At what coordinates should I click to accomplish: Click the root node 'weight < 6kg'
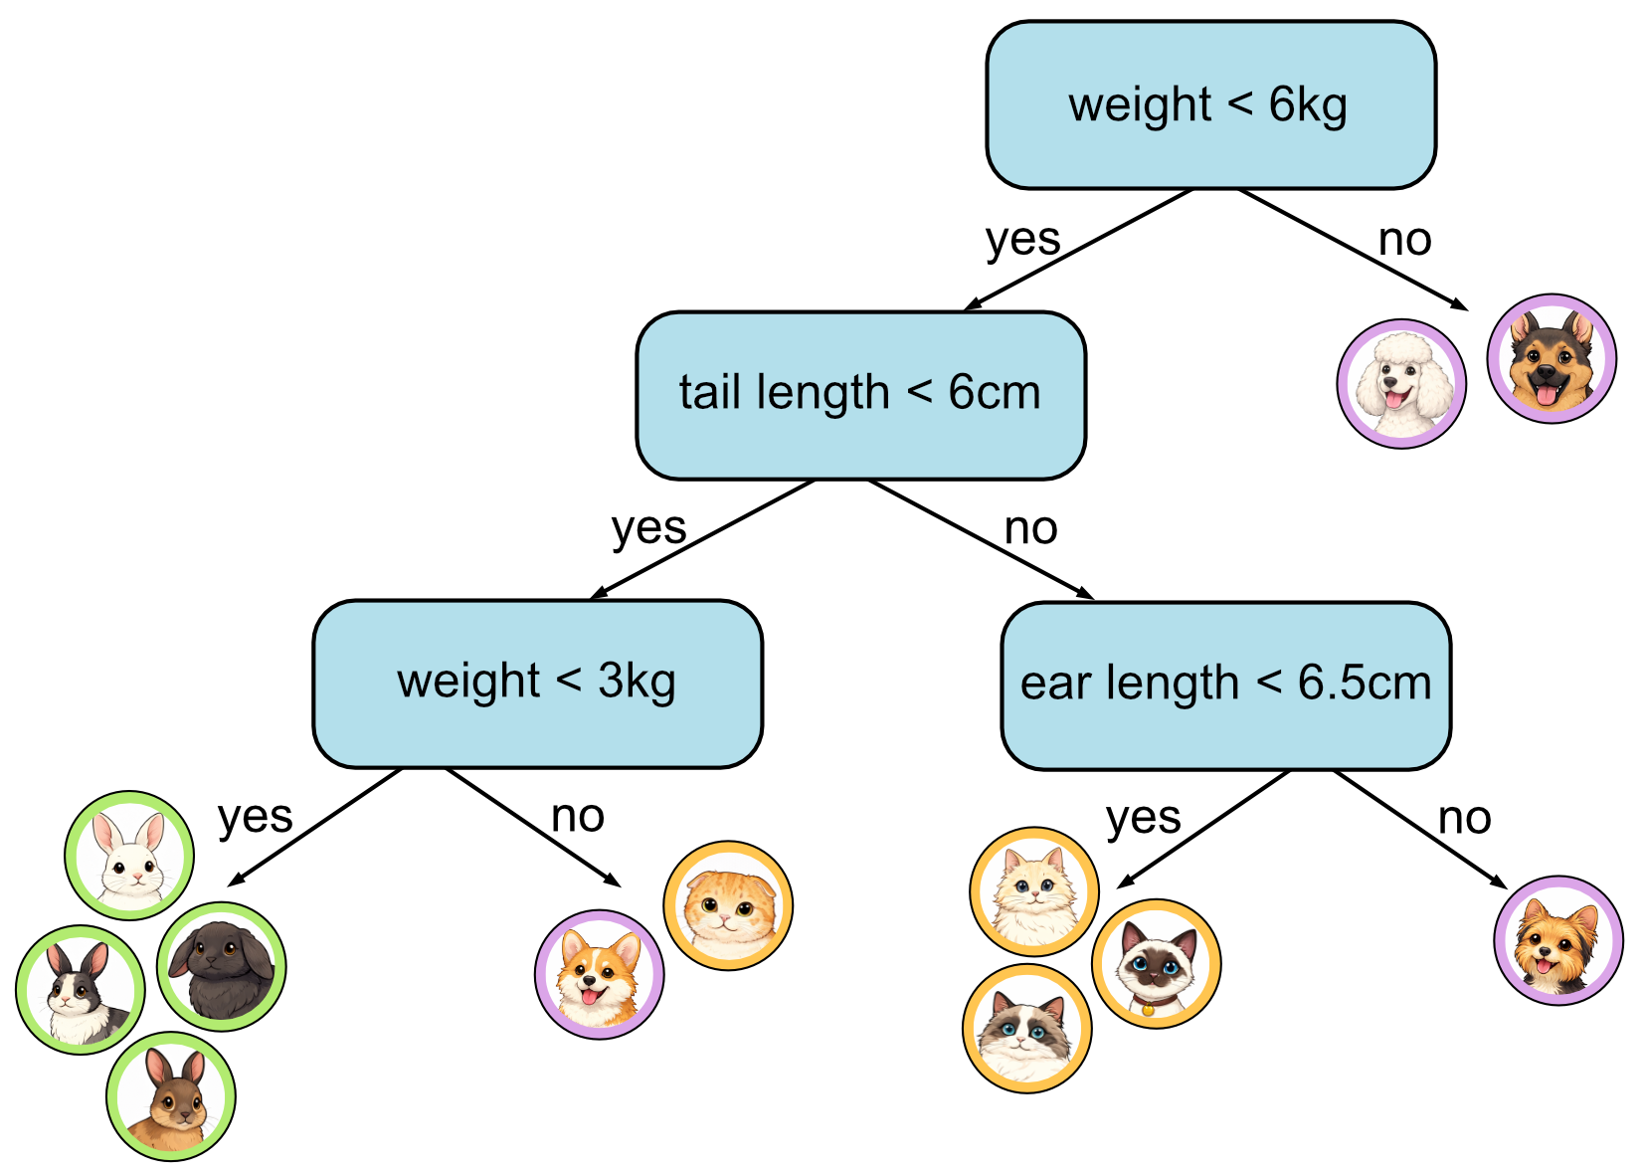[1210, 105]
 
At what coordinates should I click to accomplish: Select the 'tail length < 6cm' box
[860, 395]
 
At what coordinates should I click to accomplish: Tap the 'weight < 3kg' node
[537, 684]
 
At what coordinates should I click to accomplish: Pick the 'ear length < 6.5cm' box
[1225, 686]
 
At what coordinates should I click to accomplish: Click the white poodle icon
[1401, 384]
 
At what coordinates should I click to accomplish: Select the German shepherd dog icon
[1552, 358]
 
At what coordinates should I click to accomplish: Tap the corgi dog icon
[600, 975]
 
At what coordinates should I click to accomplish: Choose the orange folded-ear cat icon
[728, 905]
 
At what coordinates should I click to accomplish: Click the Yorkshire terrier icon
[1558, 940]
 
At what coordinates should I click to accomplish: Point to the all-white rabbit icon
[129, 856]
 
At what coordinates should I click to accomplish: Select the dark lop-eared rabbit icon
[221, 966]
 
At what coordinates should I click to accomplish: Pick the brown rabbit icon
[171, 1096]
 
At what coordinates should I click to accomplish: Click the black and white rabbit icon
[81, 990]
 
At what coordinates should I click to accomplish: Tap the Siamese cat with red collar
[1156, 963]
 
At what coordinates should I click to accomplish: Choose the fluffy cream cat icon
[1034, 890]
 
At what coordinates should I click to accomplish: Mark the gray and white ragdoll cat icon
[1027, 1029]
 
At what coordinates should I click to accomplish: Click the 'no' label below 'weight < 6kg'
[1404, 240]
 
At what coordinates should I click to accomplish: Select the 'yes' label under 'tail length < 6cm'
[648, 528]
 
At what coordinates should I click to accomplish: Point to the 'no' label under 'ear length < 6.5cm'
[1464, 819]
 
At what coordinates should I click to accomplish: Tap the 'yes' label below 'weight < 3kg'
[256, 818]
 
